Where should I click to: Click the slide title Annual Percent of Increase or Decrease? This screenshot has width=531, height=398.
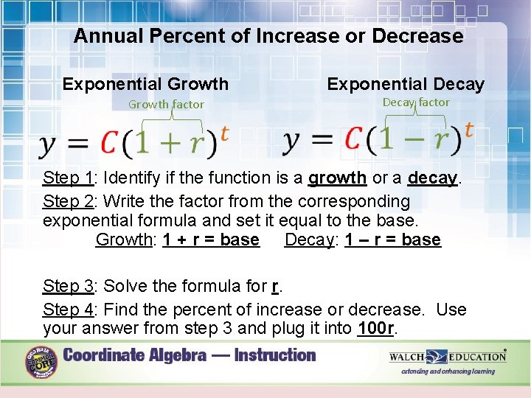[268, 36]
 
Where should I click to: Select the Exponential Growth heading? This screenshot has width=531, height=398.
[145, 84]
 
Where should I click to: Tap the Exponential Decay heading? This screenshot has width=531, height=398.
[406, 84]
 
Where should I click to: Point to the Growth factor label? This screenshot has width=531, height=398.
[166, 105]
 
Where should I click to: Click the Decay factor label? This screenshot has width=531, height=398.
[416, 102]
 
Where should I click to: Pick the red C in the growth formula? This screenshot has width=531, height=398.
[110, 142]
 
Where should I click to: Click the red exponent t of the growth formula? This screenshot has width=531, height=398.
[224, 133]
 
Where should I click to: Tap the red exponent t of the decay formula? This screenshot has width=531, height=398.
[468, 130]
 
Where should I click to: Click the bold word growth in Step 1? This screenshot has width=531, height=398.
[337, 178]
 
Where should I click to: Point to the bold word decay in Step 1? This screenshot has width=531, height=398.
[433, 178]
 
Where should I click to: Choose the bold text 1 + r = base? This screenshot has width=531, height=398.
[211, 240]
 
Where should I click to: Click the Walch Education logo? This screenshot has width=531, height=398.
[448, 357]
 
